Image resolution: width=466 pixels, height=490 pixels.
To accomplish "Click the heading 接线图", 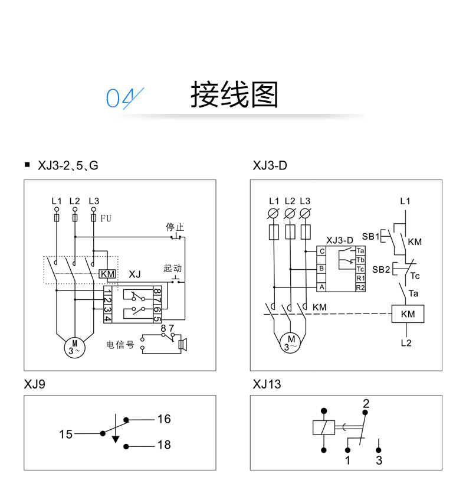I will point(234,94).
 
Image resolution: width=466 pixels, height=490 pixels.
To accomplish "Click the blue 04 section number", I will point(122,97).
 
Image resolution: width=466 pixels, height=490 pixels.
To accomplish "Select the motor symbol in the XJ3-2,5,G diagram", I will point(74,346).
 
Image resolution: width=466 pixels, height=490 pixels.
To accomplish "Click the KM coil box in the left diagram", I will point(107,274).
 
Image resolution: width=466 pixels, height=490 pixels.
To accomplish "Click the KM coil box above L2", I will point(408,314).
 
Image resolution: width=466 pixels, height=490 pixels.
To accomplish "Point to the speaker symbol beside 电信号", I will point(183,344).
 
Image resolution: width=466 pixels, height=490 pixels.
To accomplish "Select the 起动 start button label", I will point(172,269).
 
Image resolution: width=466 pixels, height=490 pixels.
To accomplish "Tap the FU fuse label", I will point(106,218).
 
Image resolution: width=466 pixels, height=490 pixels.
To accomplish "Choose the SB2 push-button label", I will point(380,269).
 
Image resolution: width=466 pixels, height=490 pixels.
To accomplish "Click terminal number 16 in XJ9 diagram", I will point(163,419).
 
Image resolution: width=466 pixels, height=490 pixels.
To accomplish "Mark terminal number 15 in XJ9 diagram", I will point(65,435).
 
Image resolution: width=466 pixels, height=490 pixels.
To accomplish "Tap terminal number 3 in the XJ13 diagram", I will point(379,460).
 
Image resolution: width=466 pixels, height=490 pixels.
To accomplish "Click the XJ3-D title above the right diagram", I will point(270,166).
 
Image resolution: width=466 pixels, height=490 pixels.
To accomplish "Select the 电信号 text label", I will point(120,345).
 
